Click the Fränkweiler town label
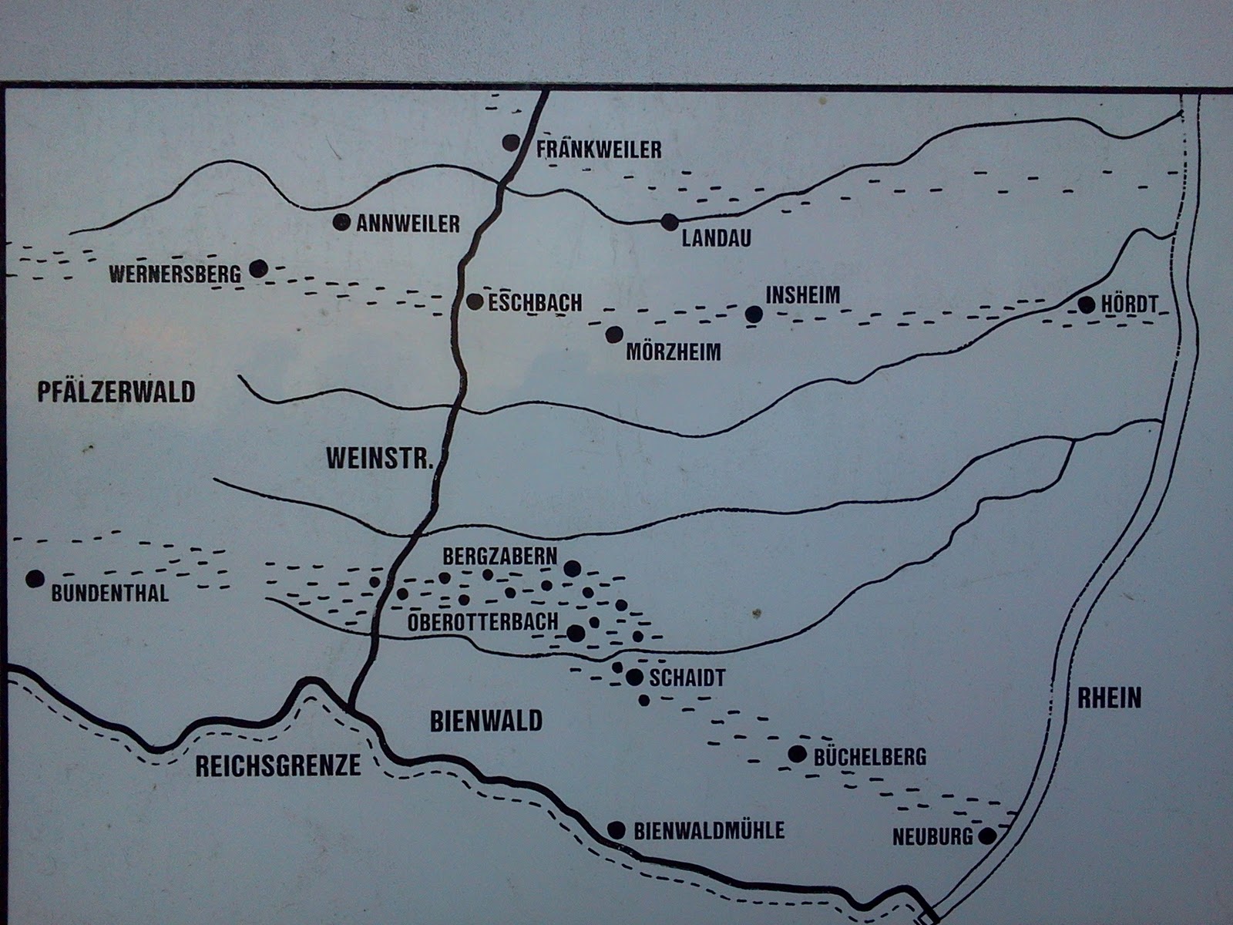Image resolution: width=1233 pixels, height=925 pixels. [599, 149]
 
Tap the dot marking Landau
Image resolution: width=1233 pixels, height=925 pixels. [669, 222]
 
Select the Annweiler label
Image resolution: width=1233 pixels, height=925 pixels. [408, 224]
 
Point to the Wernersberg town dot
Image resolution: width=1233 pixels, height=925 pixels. [258, 268]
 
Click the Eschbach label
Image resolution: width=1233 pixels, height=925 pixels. [535, 303]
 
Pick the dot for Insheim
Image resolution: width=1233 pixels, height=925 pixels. [754, 314]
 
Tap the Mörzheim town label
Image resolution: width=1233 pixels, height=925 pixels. [674, 352]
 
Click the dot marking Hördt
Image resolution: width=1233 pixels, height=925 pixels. [1086, 304]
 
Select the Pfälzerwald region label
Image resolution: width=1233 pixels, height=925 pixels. [116, 392]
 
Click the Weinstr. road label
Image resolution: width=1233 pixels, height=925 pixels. [381, 458]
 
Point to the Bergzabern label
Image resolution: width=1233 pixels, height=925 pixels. [499, 557]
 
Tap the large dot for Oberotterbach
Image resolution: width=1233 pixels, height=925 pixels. [575, 634]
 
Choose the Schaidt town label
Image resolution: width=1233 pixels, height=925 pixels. [687, 678]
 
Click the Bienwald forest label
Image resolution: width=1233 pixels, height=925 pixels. [486, 721]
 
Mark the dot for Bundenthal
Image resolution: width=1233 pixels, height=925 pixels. [33, 578]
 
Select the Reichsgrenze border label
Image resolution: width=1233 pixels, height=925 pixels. [278, 765]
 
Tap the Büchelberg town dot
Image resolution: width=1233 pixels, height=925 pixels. [797, 754]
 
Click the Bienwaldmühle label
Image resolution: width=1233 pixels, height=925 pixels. [709, 830]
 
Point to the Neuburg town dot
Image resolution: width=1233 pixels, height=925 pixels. [986, 836]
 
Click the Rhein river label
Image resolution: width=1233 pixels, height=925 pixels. [1109, 698]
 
